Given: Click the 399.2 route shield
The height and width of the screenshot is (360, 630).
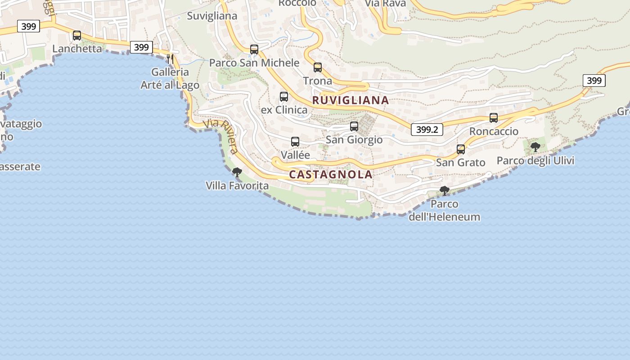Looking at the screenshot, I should pos(427,130).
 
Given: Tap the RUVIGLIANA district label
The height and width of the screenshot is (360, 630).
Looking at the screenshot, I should pos(351,100).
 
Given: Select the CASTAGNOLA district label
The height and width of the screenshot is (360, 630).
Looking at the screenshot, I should pos(331,174).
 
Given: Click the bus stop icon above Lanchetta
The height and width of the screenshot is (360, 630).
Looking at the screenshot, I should pos(77,36).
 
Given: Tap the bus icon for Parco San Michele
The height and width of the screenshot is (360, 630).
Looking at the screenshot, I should pos(254,49).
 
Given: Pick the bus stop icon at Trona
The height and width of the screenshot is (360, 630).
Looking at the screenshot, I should pos(318,67).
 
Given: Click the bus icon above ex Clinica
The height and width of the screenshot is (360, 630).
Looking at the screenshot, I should pos(284,97).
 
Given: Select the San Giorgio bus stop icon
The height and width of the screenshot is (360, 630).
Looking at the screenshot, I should pos(354,126).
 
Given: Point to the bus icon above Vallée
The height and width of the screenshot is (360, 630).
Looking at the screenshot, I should pos(295,142).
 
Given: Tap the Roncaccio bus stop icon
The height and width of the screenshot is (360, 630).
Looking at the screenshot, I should pos(494,118).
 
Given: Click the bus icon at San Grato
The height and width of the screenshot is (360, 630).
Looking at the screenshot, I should pos(461,149).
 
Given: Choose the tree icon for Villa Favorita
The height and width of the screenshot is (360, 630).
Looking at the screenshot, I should pos(237,172).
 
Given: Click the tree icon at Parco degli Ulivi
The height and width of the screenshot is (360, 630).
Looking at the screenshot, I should pos(535,147).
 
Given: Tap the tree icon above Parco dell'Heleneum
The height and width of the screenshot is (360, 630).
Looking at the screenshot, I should pos(445,191).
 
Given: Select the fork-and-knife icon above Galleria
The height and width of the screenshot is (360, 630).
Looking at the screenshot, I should pos(170,58).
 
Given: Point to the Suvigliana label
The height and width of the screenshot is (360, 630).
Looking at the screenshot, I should pos(212,16).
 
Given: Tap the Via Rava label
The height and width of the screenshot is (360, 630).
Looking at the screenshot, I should pos(385,4).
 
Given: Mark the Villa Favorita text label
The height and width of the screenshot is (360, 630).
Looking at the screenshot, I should pos(237,185).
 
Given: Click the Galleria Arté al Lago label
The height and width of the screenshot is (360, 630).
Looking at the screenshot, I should pos(170,78).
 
